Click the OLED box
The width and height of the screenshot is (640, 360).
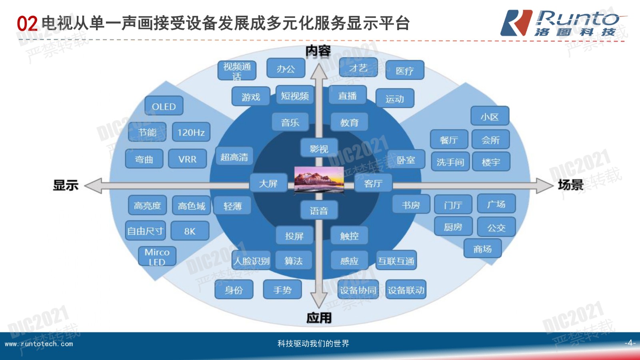click(x=164, y=106)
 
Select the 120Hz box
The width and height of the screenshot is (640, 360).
click(x=191, y=132)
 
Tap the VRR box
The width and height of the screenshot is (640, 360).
click(x=187, y=159)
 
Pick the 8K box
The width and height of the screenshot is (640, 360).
click(x=190, y=231)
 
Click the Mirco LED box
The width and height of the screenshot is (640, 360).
click(x=157, y=256)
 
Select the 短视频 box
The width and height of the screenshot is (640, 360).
click(x=295, y=96)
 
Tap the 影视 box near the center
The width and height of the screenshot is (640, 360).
click(x=319, y=149)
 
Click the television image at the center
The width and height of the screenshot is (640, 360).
click(x=319, y=179)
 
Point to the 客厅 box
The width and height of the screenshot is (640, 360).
click(x=373, y=183)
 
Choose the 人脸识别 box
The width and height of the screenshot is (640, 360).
click(x=252, y=261)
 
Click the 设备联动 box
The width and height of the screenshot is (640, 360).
click(x=406, y=290)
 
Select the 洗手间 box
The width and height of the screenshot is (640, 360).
click(x=450, y=162)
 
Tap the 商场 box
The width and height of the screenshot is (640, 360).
click(x=482, y=249)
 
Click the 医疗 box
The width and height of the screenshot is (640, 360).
click(x=404, y=71)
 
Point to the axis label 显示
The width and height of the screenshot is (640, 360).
click(x=66, y=185)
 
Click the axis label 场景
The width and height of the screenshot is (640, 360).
click(x=570, y=185)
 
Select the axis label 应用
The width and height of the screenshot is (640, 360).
click(x=319, y=318)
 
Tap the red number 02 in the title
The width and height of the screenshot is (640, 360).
click(x=27, y=24)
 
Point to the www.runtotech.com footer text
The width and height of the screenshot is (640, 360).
click(x=39, y=344)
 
